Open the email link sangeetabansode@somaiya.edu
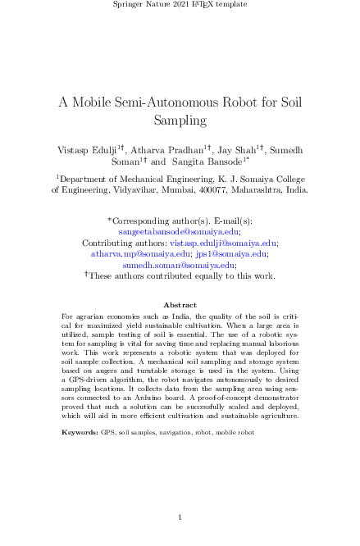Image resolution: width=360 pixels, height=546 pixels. pyautogui.click(x=180, y=232)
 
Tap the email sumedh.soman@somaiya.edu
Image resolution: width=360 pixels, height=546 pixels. pyautogui.click(x=178, y=265)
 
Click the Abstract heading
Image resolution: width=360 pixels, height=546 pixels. pyautogui.click(x=180, y=304)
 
